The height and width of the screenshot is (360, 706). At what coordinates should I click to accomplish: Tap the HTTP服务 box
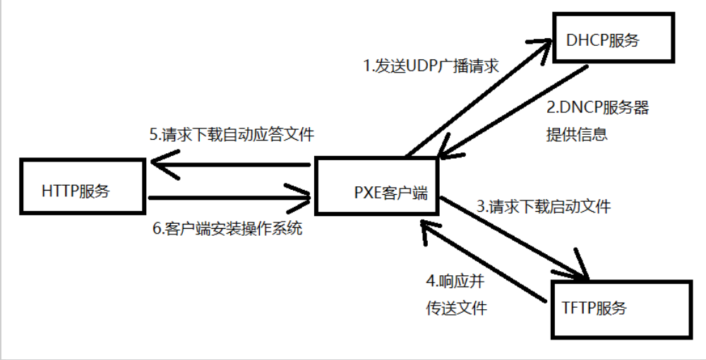(84, 185)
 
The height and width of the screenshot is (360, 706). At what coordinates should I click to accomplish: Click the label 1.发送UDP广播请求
(431, 67)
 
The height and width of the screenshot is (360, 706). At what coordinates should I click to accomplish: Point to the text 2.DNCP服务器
(597, 109)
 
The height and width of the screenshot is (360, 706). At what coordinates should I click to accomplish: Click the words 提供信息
(576, 134)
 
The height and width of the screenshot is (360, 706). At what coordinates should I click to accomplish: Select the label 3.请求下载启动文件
(544, 207)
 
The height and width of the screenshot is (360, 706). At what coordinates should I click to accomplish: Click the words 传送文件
(456, 308)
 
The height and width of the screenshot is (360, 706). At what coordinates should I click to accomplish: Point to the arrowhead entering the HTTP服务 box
(158, 165)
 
